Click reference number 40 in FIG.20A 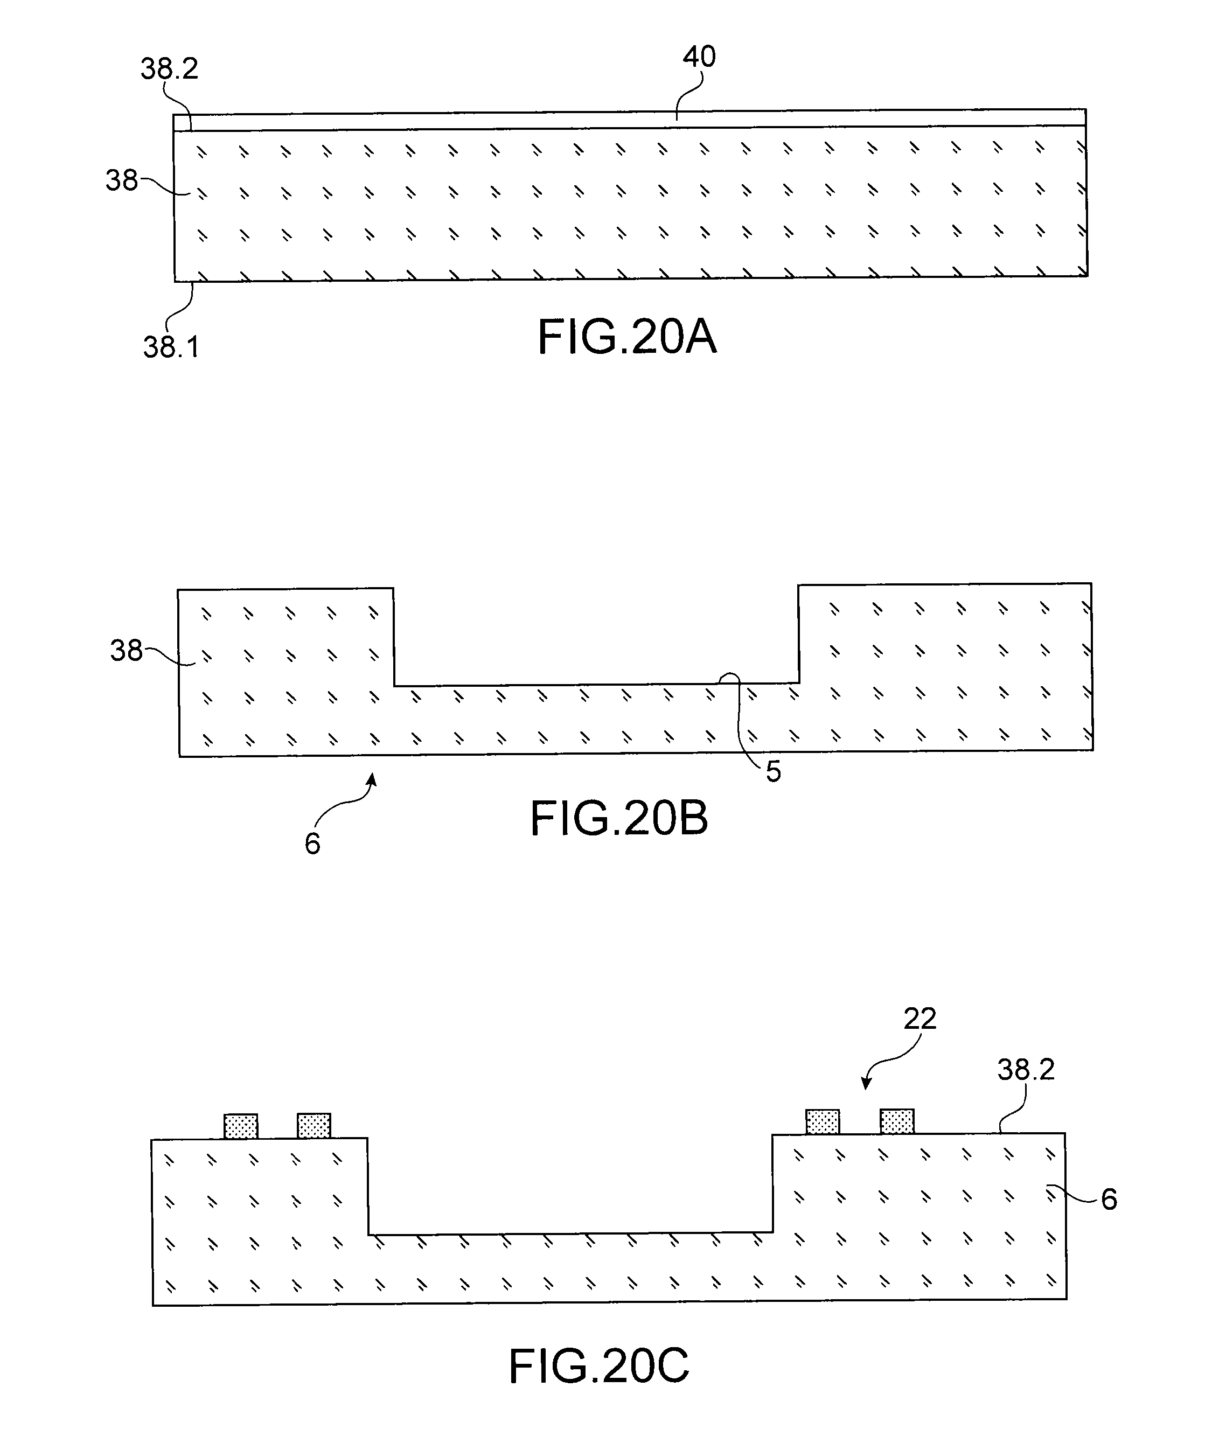tap(699, 57)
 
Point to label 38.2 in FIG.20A tap(169, 69)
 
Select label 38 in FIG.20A tap(121, 181)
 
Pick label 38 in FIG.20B tap(126, 651)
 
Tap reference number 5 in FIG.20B tap(773, 771)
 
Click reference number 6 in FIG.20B tap(312, 844)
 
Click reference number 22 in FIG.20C tap(920, 1019)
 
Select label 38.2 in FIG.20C tap(1026, 1070)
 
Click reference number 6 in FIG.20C tap(1109, 1199)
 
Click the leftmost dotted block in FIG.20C tap(240, 1126)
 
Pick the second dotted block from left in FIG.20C tap(314, 1126)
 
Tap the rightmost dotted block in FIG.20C tap(896, 1122)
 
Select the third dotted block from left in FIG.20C tap(823, 1122)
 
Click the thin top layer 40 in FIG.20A tap(625, 120)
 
